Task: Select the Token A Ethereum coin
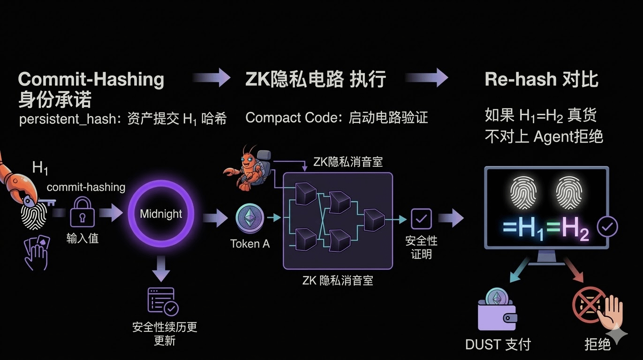250,217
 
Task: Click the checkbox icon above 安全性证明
421,219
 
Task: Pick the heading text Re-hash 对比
541,79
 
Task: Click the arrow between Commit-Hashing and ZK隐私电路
212,78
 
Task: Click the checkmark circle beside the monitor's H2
607,227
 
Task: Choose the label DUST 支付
498,345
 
